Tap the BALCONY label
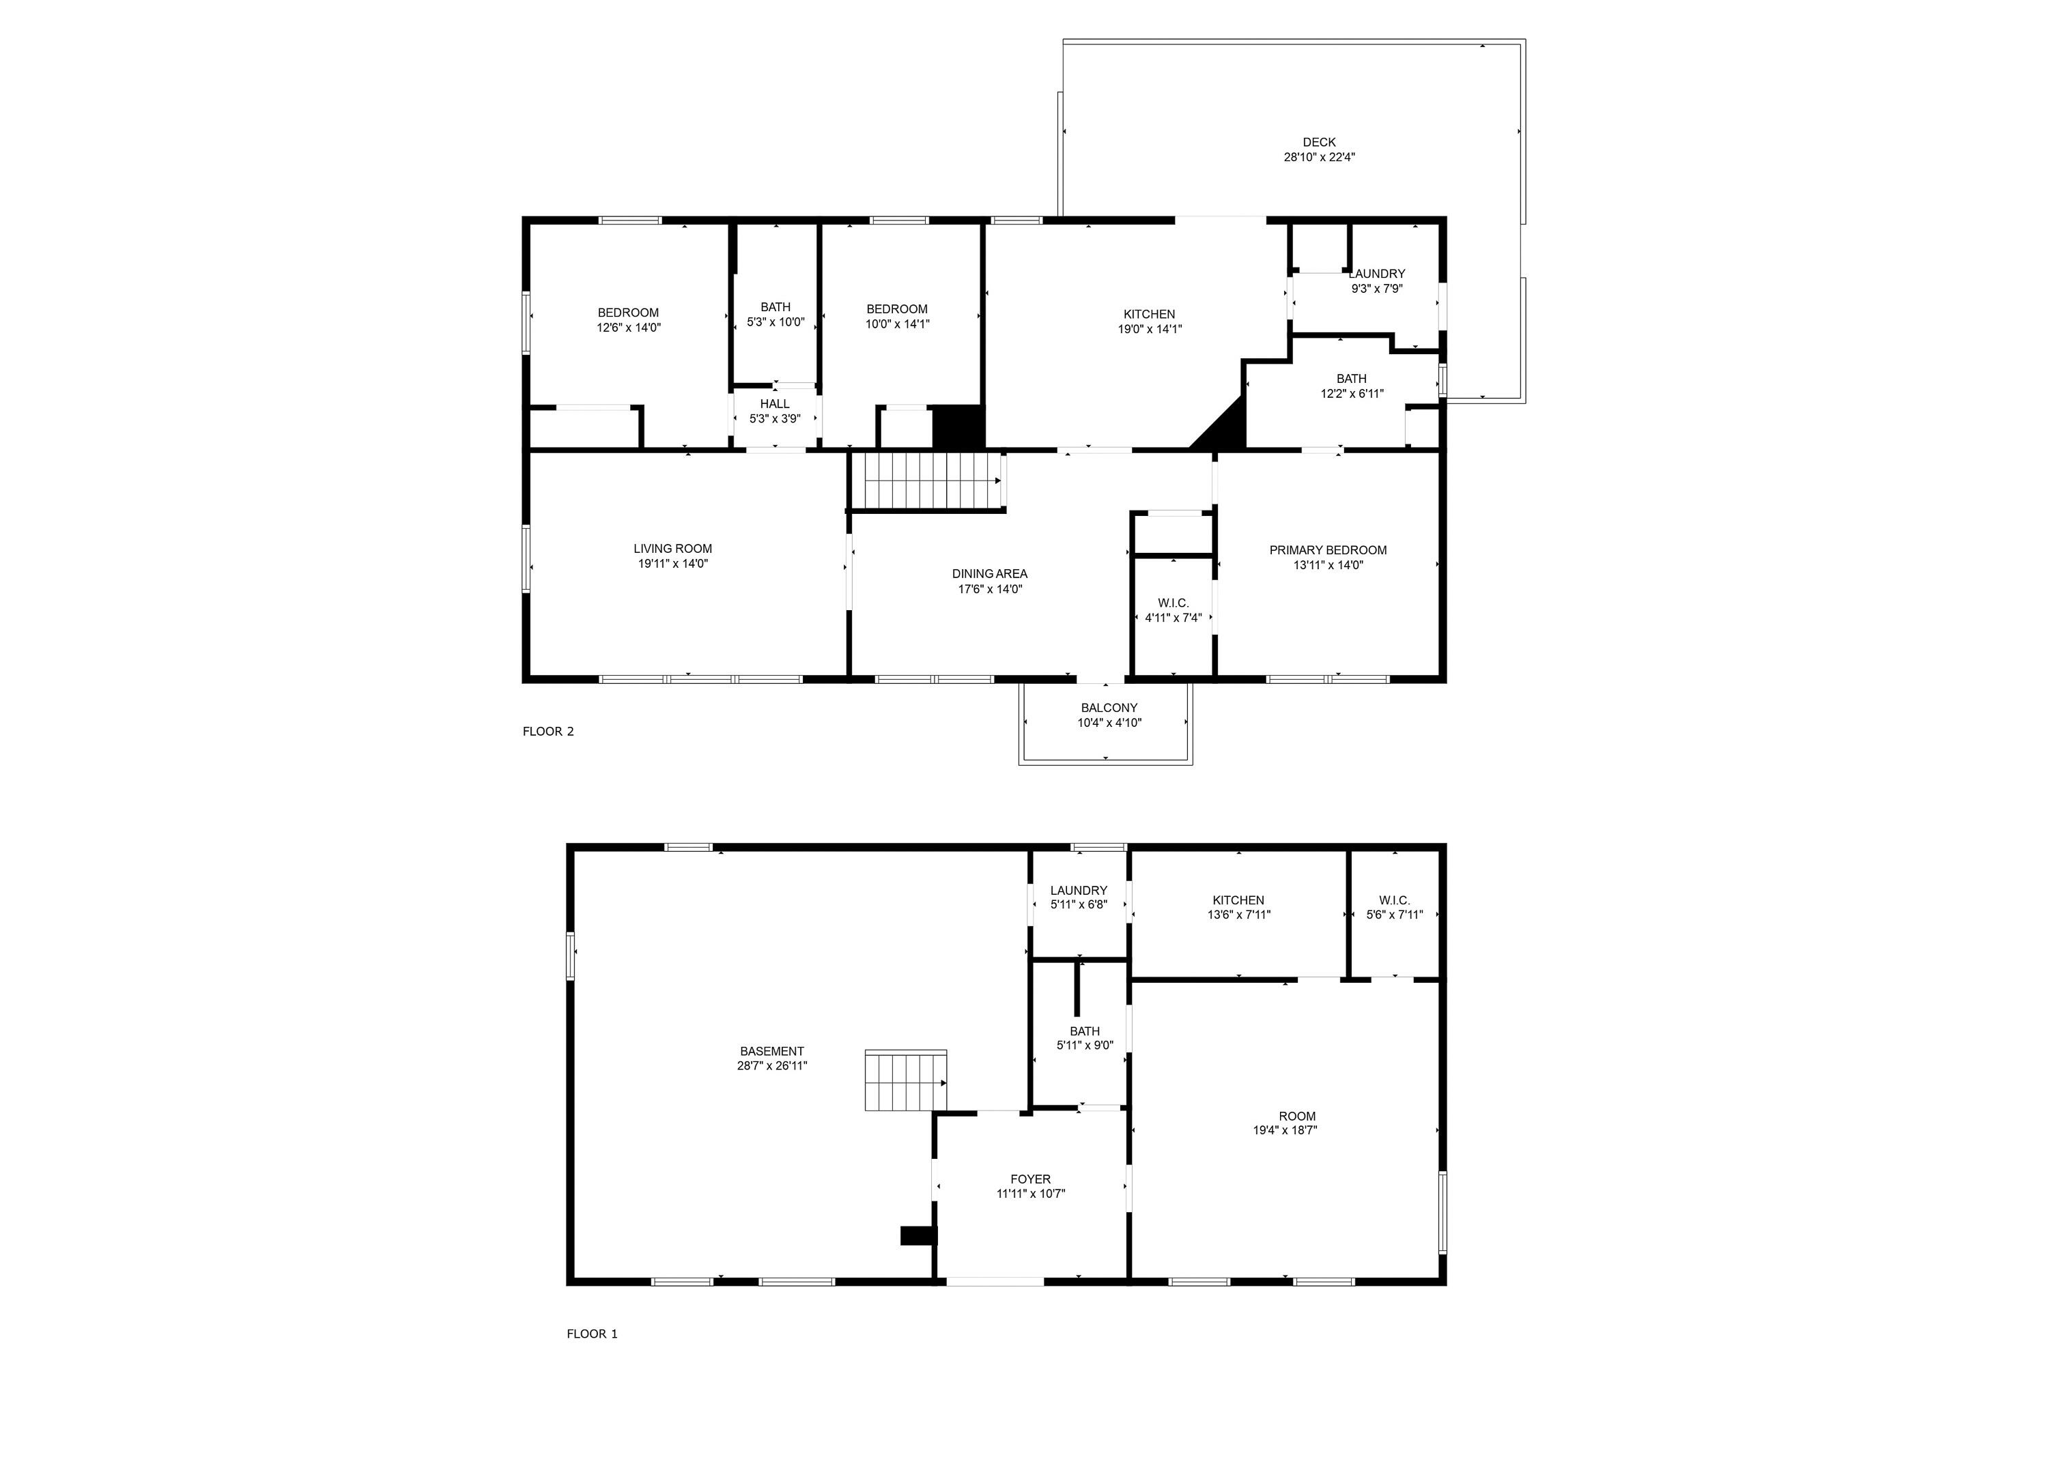tap(1109, 708)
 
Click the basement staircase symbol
tap(906, 1080)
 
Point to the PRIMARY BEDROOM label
tap(1327, 550)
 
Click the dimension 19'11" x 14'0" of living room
tap(672, 563)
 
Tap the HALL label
tap(775, 403)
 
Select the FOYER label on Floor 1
tap(1030, 1179)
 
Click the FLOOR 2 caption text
tap(548, 731)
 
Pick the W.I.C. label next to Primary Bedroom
tap(1173, 603)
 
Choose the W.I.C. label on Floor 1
tap(1394, 900)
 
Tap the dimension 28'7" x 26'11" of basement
tap(771, 1065)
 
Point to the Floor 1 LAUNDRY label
tap(1078, 890)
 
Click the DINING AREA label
tap(990, 573)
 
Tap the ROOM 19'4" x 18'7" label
tap(1296, 1116)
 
